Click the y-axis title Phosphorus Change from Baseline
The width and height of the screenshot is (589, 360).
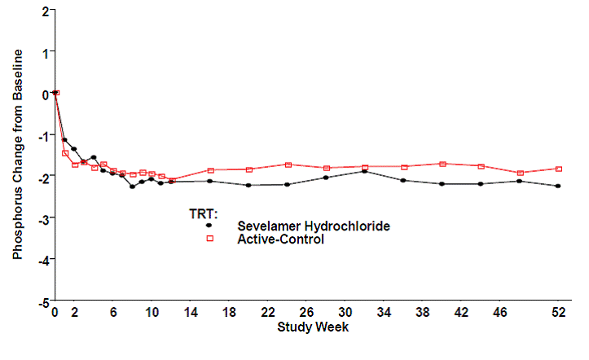point(17,154)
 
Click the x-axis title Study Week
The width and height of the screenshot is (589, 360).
point(313,327)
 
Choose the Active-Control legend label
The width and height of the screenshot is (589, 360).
point(280,239)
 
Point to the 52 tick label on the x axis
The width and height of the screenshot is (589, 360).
point(558,313)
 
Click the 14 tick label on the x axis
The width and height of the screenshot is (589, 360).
point(191,313)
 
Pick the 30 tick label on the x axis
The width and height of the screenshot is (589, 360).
point(345,313)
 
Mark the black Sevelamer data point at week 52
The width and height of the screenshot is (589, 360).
point(558,186)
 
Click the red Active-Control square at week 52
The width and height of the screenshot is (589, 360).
point(558,169)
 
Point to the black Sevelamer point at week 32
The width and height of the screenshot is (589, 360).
point(364,171)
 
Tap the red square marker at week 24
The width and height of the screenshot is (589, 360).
point(288,165)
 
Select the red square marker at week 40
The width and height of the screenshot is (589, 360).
point(442,164)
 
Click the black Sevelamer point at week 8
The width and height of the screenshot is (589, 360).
point(132,187)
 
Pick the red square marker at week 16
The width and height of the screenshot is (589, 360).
point(210,170)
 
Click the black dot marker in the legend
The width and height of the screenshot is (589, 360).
point(209,226)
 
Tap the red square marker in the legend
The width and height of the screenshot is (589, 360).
point(209,239)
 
